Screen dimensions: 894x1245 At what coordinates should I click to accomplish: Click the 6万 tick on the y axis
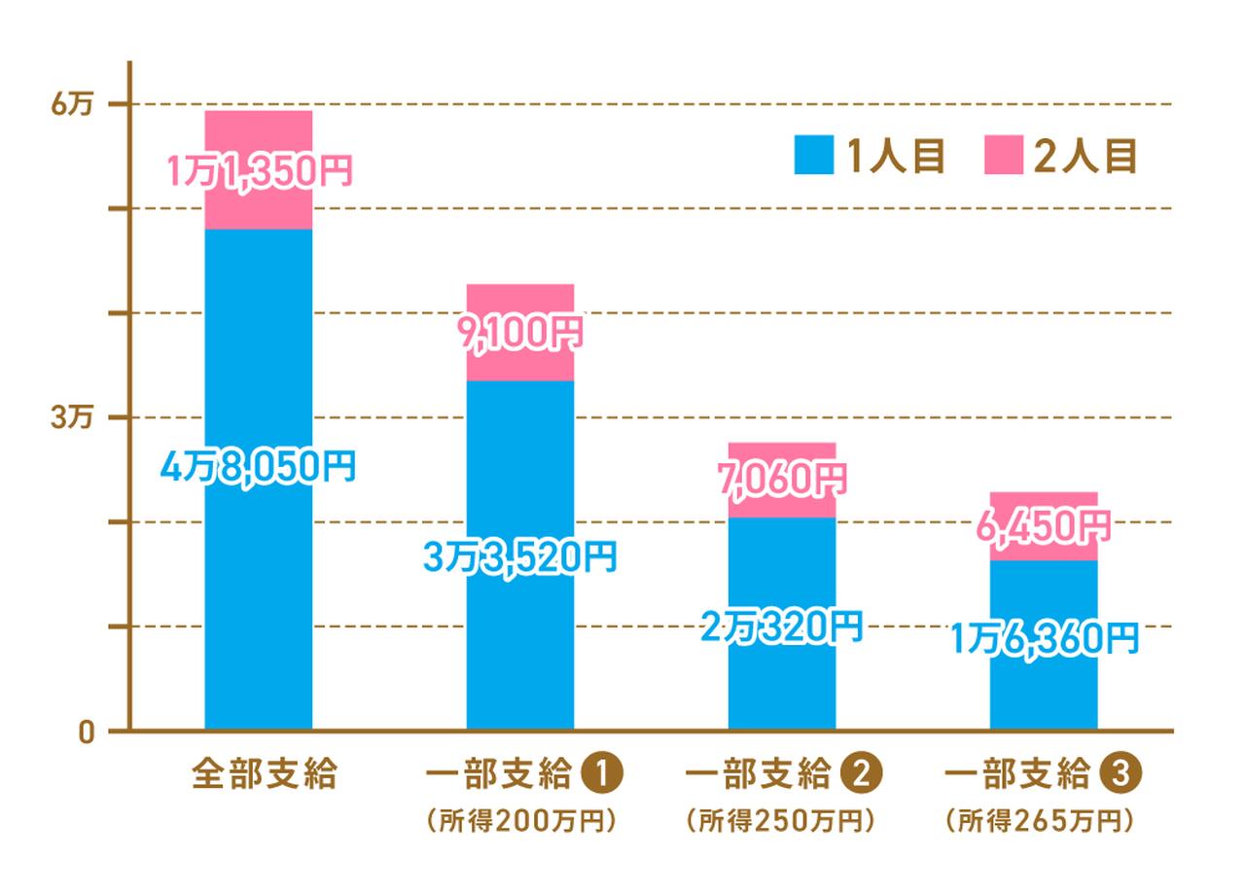tap(71, 105)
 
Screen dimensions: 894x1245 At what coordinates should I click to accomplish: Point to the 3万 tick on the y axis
tap(71, 418)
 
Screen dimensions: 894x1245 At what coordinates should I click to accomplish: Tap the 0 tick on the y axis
tap(85, 732)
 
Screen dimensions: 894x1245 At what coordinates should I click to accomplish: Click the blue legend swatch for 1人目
tap(814, 155)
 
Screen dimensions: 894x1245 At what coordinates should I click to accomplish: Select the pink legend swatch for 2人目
tap(1003, 155)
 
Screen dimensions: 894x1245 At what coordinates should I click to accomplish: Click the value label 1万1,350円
tap(259, 172)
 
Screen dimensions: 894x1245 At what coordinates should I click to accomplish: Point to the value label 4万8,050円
tap(258, 467)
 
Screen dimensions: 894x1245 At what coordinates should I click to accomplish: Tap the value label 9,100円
tap(519, 333)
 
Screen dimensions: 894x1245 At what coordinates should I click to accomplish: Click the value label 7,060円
tap(782, 478)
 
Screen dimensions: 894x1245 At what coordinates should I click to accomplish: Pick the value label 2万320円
tap(782, 626)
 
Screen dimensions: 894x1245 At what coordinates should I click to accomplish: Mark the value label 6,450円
tap(1044, 526)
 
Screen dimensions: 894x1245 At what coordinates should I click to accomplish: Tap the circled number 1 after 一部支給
tap(601, 775)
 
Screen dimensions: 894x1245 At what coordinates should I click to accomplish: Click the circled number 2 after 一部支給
tap(863, 775)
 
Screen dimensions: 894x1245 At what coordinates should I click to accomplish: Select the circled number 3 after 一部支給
tap(1123, 775)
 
